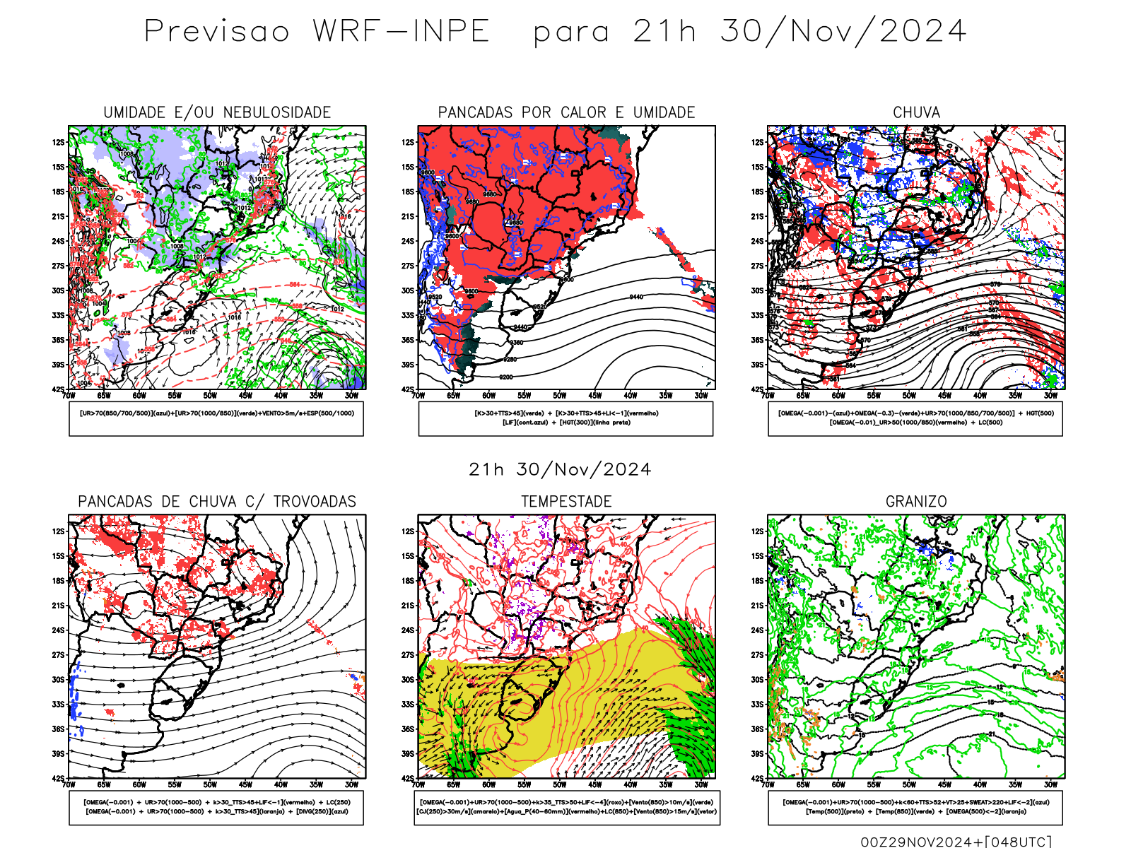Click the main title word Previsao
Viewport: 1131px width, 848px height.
[x=217, y=32]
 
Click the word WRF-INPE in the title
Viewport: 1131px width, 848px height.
[x=402, y=32]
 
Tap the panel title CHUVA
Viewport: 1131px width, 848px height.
[x=916, y=112]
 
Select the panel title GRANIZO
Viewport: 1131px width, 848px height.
[x=916, y=502]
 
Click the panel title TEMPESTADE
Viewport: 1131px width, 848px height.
[x=566, y=502]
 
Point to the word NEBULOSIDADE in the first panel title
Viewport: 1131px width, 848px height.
[x=277, y=112]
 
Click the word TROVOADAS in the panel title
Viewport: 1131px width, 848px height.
[x=315, y=502]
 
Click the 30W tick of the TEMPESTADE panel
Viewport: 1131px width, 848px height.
[x=701, y=785]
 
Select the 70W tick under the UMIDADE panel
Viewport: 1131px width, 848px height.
[x=69, y=396]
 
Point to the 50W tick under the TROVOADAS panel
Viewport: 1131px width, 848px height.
[x=210, y=785]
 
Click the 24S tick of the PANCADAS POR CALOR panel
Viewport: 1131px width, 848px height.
[x=408, y=241]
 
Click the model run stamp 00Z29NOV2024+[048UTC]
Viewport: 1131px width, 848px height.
[x=956, y=842]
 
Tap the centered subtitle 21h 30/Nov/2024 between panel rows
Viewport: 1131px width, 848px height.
[x=560, y=470]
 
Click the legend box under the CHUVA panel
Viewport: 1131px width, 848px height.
[x=915, y=418]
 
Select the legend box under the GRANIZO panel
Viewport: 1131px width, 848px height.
[x=915, y=807]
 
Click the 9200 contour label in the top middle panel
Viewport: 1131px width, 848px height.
[x=506, y=377]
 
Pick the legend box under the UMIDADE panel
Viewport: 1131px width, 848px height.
[x=216, y=418]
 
